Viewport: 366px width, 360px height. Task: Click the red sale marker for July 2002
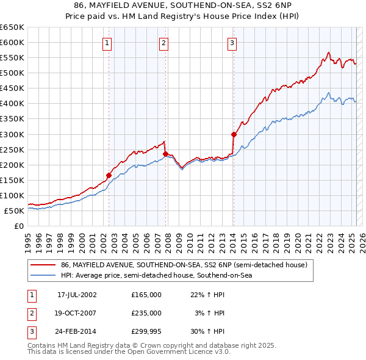pyautogui.click(x=109, y=175)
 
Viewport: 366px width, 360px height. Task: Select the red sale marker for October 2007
pyautogui.click(x=165, y=154)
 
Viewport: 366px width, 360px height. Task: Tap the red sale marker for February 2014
pyautogui.click(x=234, y=134)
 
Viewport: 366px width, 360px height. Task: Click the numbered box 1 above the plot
pyautogui.click(x=107, y=43)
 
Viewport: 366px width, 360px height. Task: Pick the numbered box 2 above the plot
pyautogui.click(x=164, y=43)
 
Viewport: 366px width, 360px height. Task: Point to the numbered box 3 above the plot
pyautogui.click(x=232, y=43)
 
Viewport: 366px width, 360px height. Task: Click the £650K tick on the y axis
pyautogui.click(x=12, y=27)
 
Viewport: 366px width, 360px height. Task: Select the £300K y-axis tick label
pyautogui.click(x=12, y=134)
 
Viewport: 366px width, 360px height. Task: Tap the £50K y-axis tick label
pyautogui.click(x=15, y=211)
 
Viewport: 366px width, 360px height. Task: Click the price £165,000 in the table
pyautogui.click(x=146, y=295)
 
